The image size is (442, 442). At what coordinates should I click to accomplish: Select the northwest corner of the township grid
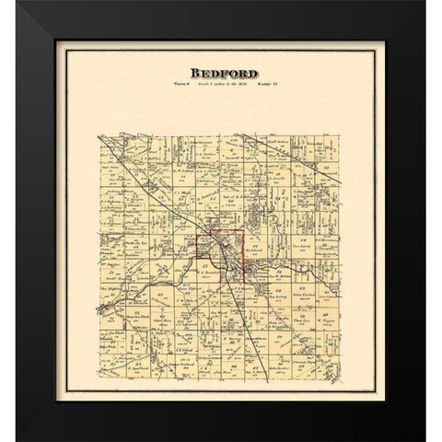(99, 135)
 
